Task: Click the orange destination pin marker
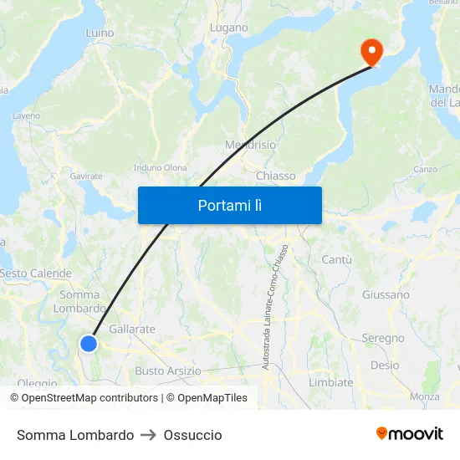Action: pyautogui.click(x=371, y=52)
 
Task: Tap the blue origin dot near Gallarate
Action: pyautogui.click(x=89, y=343)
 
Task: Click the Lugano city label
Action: pyautogui.click(x=228, y=28)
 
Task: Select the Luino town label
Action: pyautogui.click(x=100, y=33)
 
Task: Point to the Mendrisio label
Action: pyautogui.click(x=250, y=145)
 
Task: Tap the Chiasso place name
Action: pyautogui.click(x=276, y=176)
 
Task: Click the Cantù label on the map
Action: pyautogui.click(x=336, y=260)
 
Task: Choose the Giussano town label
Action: pyautogui.click(x=386, y=294)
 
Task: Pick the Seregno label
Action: pyautogui.click(x=382, y=339)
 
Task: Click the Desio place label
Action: pyautogui.click(x=385, y=365)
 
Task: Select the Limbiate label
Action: pyautogui.click(x=330, y=382)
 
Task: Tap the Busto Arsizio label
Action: pyautogui.click(x=168, y=371)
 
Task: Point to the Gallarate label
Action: pyautogui.click(x=132, y=329)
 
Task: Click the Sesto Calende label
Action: pyautogui.click(x=36, y=273)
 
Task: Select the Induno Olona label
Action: pyautogui.click(x=161, y=167)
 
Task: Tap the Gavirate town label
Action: pyautogui.click(x=86, y=176)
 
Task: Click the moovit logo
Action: pyautogui.click(x=410, y=434)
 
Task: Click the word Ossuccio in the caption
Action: pyautogui.click(x=193, y=435)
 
